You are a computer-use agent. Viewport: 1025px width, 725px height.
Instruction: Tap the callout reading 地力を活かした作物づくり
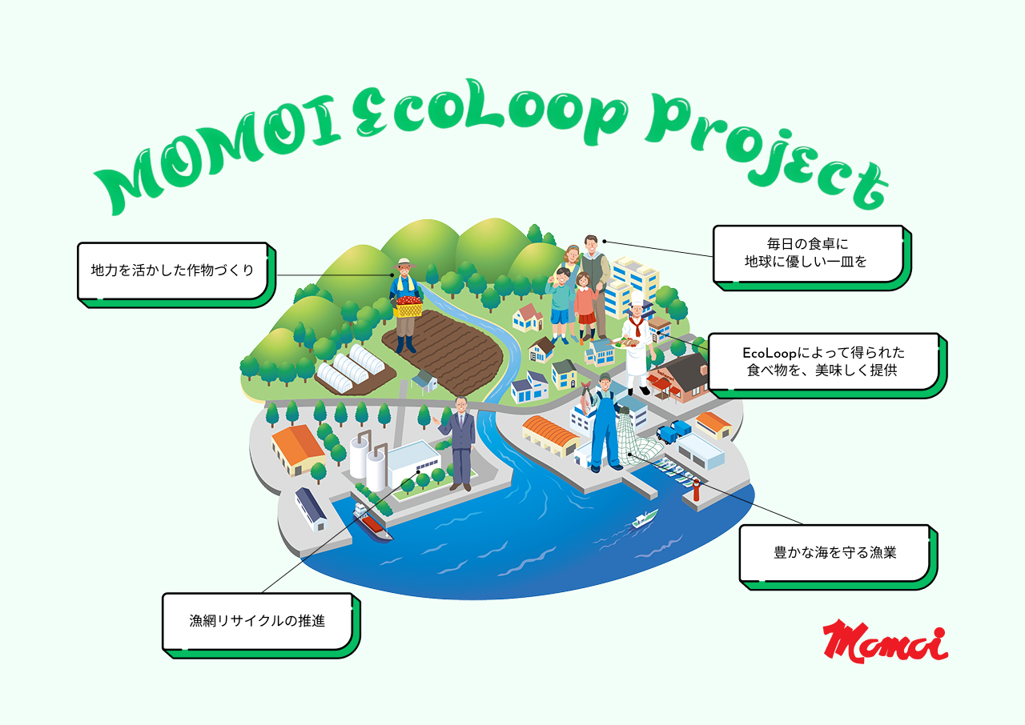point(176,274)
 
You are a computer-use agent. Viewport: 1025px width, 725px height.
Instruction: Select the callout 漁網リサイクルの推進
point(261,625)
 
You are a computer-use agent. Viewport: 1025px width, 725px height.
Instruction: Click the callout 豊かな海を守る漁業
point(838,557)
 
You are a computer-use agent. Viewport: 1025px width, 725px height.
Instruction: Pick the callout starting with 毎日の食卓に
point(812,258)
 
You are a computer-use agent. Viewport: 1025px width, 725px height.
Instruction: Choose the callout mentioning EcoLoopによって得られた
point(827,365)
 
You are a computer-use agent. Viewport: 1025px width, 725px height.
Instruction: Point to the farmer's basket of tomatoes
point(408,307)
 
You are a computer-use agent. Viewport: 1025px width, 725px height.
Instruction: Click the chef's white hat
point(637,298)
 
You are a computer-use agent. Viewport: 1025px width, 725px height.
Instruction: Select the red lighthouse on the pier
point(696,490)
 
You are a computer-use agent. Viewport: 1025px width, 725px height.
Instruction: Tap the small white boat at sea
point(645,519)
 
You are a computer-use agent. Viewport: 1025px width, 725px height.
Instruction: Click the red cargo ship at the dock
point(372,523)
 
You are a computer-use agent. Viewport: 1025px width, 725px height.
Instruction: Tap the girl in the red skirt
point(585,307)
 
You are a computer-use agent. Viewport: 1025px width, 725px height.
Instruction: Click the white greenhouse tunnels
point(351,368)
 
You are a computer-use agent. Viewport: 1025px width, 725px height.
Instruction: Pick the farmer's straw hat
point(404,262)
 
